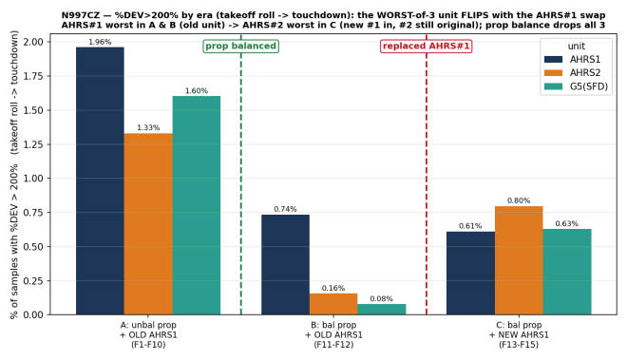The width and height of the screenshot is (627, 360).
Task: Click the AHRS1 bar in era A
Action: pyautogui.click(x=100, y=180)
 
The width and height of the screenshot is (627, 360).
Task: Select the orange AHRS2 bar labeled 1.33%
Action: pyautogui.click(x=148, y=224)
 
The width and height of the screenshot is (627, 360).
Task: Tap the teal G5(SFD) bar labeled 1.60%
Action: pyautogui.click(x=197, y=205)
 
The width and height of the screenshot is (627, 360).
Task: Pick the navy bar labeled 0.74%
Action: pyautogui.click(x=286, y=265)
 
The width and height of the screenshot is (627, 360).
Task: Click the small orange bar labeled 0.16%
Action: pyautogui.click(x=333, y=304)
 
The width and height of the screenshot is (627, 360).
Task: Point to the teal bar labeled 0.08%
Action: pyautogui.click(x=382, y=310)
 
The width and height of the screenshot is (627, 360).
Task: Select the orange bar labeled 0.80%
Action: pyautogui.click(x=519, y=260)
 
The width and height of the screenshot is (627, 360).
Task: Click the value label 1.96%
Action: pyautogui.click(x=100, y=42)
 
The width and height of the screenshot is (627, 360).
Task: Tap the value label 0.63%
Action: pyautogui.click(x=567, y=223)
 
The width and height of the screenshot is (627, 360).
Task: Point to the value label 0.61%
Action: pyautogui.click(x=470, y=226)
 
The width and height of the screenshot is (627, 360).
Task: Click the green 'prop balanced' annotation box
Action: pyautogui.click(x=240, y=46)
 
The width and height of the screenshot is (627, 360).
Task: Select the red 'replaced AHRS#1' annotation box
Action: pyautogui.click(x=427, y=46)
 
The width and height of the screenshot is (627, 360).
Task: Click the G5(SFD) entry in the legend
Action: pyautogui.click(x=577, y=86)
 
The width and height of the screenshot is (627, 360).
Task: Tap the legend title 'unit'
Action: pyautogui.click(x=577, y=46)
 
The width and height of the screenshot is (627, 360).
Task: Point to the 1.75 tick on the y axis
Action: pyautogui.click(x=33, y=76)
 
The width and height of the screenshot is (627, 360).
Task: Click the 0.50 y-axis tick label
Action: pyautogui.click(x=33, y=247)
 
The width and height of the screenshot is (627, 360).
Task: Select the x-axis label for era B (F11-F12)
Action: pyautogui.click(x=333, y=334)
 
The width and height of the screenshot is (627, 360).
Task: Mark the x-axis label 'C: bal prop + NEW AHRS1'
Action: pyautogui.click(x=519, y=330)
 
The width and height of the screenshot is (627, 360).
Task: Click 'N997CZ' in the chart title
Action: pyautogui.click(x=81, y=15)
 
